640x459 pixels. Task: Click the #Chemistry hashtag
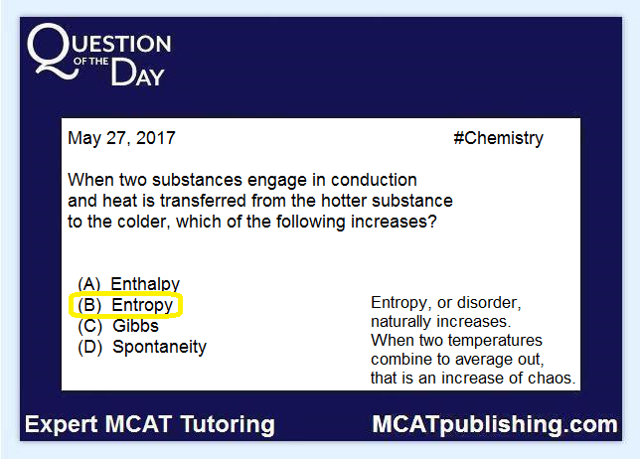coord(498,139)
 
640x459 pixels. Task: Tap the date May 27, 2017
coord(121,138)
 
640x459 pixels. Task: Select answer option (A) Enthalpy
coord(128,283)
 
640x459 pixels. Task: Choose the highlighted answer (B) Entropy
coord(125,305)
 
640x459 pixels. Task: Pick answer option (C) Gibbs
coord(118,326)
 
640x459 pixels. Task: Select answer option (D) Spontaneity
coord(142,347)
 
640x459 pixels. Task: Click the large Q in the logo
coord(53,51)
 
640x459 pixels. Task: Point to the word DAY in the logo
coord(137,73)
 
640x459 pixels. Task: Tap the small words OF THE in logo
coord(91,62)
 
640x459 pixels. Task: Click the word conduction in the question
coord(374,180)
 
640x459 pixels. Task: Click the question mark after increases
coord(432,222)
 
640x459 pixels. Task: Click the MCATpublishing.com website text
coord(495,425)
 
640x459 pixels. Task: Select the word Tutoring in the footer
coord(228,425)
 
